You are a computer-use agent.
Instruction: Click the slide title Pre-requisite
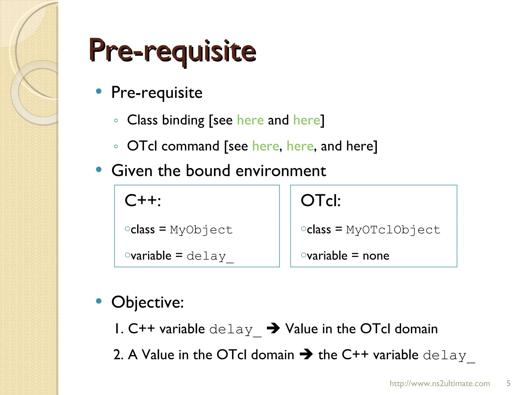tap(172, 50)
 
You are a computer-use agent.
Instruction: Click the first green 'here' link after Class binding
tap(250, 120)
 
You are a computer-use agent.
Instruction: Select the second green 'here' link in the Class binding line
tap(307, 120)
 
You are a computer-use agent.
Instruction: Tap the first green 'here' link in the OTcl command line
tap(266, 146)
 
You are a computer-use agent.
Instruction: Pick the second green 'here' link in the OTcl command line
tap(300, 146)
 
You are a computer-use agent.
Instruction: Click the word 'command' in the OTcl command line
tap(190, 146)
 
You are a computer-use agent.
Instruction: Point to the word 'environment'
tap(281, 171)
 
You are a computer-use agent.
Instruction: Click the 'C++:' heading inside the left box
tap(143, 201)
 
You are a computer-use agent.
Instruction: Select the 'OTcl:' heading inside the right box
tap(321, 201)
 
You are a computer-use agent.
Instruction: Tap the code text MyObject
tap(201, 230)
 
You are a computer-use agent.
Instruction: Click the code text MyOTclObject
tap(393, 230)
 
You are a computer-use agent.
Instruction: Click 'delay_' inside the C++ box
tap(210, 256)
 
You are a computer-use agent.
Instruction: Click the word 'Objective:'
tap(148, 302)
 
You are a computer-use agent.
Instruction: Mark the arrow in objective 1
tap(273, 329)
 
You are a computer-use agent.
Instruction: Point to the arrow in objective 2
tap(306, 355)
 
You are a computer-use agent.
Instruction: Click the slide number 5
tap(508, 383)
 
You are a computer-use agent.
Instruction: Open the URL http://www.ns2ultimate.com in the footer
tap(440, 383)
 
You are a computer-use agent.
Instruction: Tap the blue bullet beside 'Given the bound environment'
tap(99, 169)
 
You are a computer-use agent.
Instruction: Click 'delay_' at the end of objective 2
tap(449, 356)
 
